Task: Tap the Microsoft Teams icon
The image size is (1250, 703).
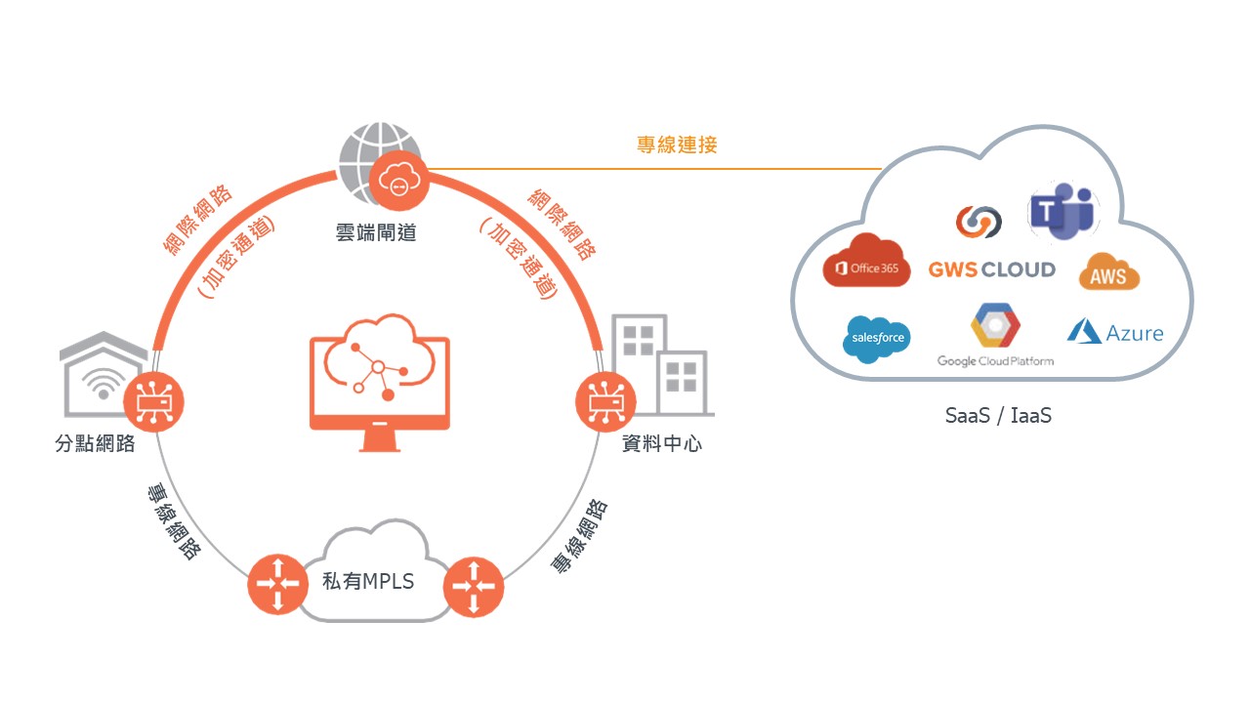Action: click(1062, 213)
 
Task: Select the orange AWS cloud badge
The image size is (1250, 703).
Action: click(1108, 272)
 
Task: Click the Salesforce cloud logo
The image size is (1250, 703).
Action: click(878, 339)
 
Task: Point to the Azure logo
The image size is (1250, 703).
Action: click(1115, 332)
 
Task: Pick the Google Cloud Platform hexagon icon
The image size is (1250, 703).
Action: click(995, 327)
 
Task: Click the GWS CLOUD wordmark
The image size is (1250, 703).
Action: click(991, 269)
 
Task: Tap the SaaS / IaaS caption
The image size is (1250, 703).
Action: click(998, 415)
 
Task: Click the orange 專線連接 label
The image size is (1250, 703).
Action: click(677, 145)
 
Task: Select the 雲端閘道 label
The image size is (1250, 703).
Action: click(375, 233)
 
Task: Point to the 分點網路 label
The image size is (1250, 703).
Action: click(95, 445)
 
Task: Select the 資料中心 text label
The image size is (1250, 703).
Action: click(662, 444)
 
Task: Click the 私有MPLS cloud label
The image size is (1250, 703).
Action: click(368, 582)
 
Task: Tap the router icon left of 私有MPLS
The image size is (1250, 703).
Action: click(277, 583)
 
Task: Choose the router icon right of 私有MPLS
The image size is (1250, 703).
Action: click(474, 587)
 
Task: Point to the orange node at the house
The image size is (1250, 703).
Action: click(153, 401)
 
